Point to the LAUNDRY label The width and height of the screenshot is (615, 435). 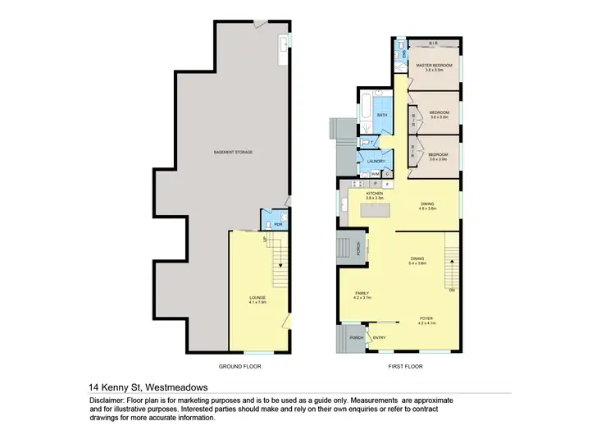(x=376, y=162)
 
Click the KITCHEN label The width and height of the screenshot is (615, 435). (x=375, y=194)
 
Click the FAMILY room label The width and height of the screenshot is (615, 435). (x=362, y=293)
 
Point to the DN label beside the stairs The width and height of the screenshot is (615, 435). (x=451, y=290)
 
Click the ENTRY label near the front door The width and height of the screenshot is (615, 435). (x=380, y=337)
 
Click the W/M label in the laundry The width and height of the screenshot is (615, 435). (x=374, y=174)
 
